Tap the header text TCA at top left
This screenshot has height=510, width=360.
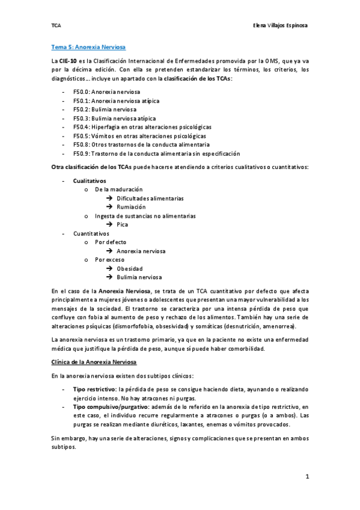(56, 26)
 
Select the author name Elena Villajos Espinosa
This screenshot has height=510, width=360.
(281, 26)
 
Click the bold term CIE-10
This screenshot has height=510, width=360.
(67, 61)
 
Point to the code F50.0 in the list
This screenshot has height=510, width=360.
(81, 92)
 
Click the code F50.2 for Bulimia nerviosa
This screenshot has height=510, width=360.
(81, 109)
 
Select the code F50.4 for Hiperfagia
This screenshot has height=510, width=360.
(81, 127)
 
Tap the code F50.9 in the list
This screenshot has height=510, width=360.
(81, 154)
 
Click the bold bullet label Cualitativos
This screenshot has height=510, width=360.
(90, 180)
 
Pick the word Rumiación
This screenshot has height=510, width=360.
(131, 207)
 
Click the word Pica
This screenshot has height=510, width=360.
(123, 224)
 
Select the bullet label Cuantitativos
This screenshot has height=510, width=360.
(91, 233)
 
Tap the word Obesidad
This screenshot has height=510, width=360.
(130, 268)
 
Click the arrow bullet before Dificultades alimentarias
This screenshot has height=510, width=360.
(109, 198)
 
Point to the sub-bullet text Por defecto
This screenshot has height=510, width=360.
(111, 242)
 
